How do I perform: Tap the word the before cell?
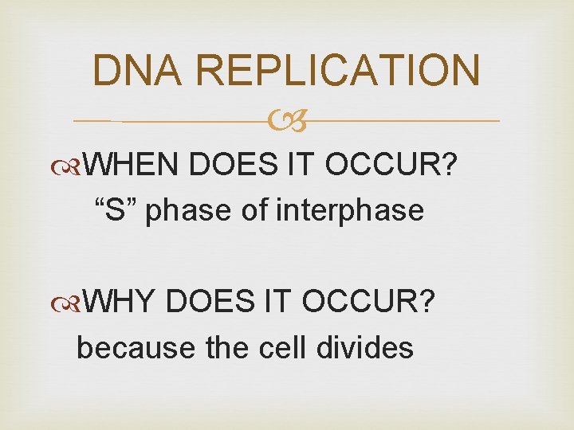(x=230, y=347)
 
